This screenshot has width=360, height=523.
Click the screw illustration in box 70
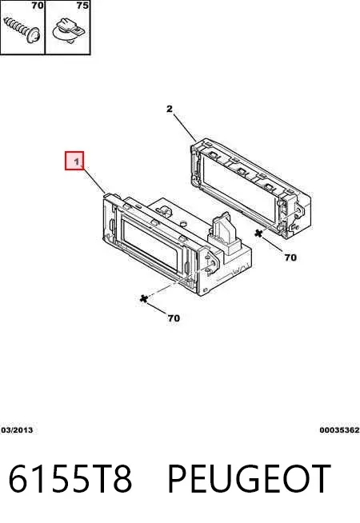pos(22,30)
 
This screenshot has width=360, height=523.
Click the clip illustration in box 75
pos(69,30)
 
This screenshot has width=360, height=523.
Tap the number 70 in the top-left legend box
pos(38,6)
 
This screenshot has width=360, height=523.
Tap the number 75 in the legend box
pos(82,6)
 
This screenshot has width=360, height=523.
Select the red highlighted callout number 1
pos(74,161)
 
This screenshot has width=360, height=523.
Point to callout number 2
pos(170,109)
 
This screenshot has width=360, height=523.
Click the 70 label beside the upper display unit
pos(290,258)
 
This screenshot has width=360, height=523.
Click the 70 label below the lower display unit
pos(174,318)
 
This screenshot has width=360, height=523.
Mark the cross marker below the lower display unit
pos(144,298)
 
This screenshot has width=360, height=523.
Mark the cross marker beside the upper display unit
pos(258,234)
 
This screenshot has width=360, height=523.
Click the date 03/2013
pos(17,430)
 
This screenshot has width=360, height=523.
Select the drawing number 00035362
pos(339,430)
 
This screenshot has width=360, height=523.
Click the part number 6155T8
pos(70,479)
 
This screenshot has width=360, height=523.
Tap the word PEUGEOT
pos(250,479)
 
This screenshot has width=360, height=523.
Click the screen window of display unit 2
pos(236,191)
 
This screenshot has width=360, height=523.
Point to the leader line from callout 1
pos(94,181)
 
